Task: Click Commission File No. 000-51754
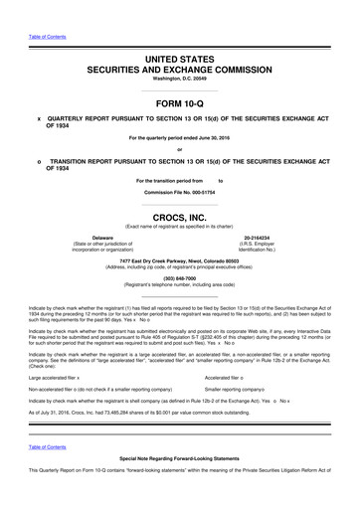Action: [180, 192]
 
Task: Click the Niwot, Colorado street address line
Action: [180, 261]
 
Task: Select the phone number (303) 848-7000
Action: [180, 277]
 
